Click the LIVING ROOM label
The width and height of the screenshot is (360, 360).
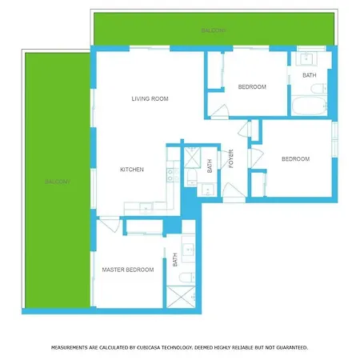click(150, 98)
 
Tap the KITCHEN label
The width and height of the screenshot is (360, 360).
click(132, 170)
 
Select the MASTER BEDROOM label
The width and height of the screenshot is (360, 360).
click(128, 270)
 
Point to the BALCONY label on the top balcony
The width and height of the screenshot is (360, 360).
click(213, 30)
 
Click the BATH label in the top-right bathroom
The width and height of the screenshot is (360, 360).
click(309, 75)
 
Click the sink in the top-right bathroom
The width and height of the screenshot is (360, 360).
click(306, 58)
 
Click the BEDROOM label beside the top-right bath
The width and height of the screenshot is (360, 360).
click(252, 87)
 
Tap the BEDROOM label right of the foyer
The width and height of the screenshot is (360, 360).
click(295, 159)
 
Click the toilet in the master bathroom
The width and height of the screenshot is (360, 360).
click(186, 277)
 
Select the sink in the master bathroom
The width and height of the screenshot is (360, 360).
click(188, 249)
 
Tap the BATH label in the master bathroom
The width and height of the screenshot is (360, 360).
click(174, 260)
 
